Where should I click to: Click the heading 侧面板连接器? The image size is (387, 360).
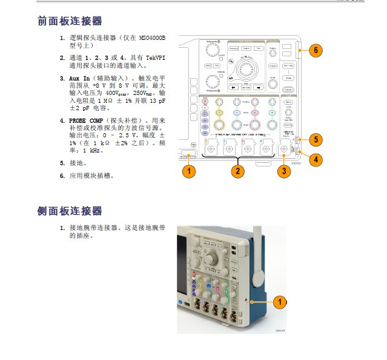tap(70, 211)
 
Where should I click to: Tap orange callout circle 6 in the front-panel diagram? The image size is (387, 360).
tap(314, 50)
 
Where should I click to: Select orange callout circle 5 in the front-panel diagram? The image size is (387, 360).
tap(314, 140)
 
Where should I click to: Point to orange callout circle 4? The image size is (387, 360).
tap(314, 160)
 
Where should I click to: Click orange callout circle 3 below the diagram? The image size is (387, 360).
tap(283, 171)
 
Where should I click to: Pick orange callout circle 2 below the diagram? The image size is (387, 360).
tap(237, 171)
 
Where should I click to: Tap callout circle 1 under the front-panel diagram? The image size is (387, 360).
tap(190, 171)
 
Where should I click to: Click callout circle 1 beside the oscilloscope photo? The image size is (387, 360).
tap(279, 301)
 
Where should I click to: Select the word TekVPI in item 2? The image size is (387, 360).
tap(153, 57)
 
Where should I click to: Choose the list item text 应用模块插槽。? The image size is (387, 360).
tap(91, 175)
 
